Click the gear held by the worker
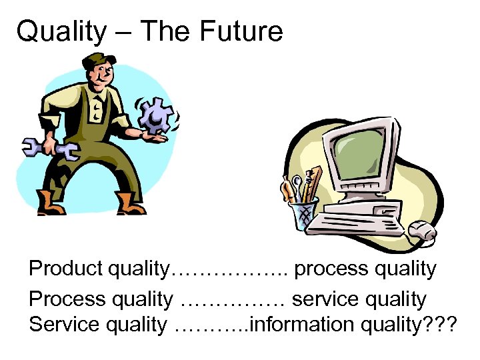[155, 115]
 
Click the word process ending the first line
[329, 269]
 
